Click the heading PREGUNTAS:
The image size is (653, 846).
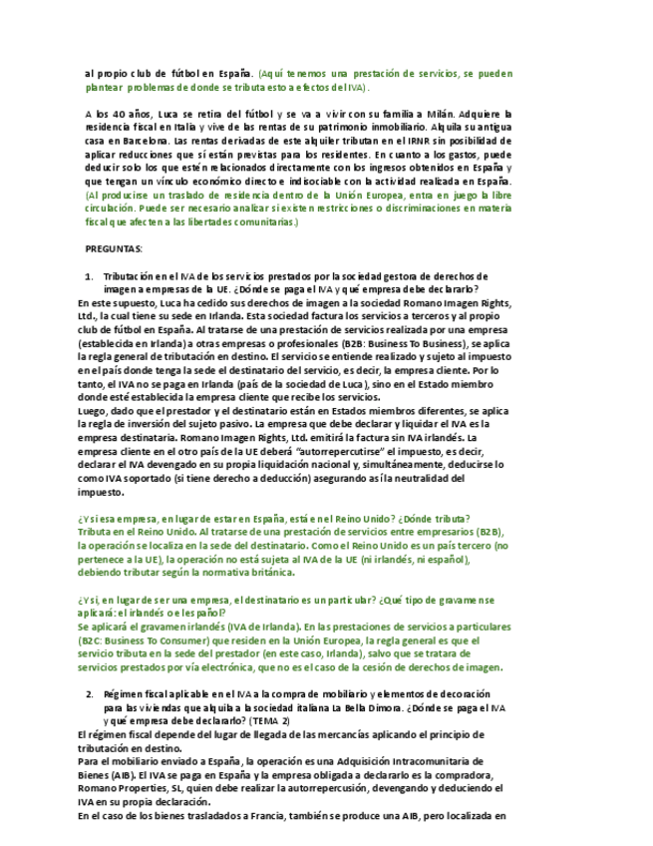[114, 248]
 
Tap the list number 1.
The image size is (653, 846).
[89, 276]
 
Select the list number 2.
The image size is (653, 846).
[89, 693]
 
